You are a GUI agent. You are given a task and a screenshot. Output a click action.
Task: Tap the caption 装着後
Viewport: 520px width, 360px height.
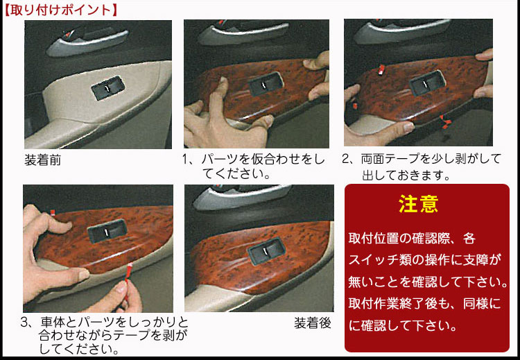pyautogui.click(x=312, y=323)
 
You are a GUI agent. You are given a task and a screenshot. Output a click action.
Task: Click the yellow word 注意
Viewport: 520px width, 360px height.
pyautogui.click(x=418, y=204)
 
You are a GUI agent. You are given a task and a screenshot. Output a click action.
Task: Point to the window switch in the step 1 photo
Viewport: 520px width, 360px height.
pyautogui.click(x=266, y=85)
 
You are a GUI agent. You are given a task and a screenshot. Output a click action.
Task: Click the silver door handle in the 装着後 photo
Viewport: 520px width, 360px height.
pyautogui.click(x=229, y=200)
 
